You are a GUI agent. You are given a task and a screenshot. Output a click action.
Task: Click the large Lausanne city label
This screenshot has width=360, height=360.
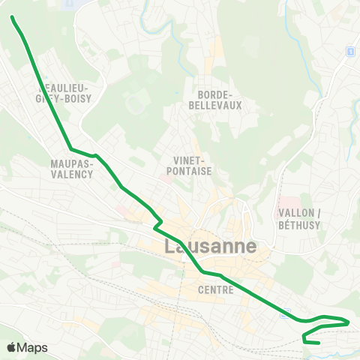[x=210, y=247]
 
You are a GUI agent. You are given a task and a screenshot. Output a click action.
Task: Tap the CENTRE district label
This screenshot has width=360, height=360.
[x=217, y=289]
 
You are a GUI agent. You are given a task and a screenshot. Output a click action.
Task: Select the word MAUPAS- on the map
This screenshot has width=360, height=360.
[x=72, y=163]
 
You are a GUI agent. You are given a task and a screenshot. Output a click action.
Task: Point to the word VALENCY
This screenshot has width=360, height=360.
[x=73, y=174]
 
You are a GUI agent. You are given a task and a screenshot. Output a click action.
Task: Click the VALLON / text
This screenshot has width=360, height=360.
[x=298, y=213]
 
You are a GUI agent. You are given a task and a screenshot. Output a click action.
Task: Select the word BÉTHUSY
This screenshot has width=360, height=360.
[x=298, y=224]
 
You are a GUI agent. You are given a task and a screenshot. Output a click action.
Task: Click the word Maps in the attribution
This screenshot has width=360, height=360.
[x=32, y=347]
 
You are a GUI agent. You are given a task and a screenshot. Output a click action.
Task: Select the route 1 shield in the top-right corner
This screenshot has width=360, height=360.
[x=349, y=51]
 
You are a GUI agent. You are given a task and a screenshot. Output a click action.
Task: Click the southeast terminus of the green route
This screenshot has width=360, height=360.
[x=320, y=343]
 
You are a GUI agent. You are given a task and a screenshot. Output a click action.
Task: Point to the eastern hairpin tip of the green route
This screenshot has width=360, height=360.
[x=349, y=322]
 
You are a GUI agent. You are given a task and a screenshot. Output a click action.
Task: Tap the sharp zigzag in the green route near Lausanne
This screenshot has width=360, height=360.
[x=157, y=223]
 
